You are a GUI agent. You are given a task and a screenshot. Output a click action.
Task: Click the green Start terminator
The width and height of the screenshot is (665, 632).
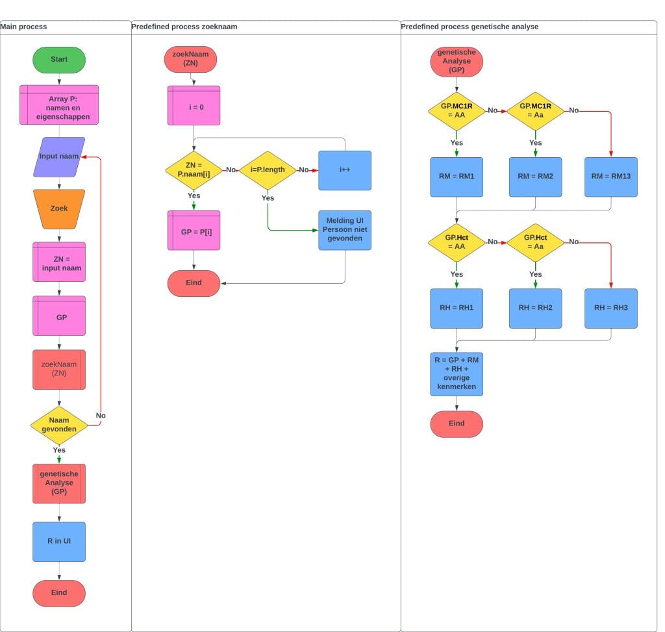point(59,60)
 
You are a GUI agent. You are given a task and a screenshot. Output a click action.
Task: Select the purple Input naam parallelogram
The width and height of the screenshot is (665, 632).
point(59,157)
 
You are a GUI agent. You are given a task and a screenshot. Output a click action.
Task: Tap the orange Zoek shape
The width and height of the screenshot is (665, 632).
point(59,209)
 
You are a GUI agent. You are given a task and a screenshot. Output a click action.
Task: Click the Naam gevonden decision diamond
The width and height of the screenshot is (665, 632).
point(59,425)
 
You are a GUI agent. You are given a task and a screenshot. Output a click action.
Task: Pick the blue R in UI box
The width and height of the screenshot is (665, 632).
point(59,542)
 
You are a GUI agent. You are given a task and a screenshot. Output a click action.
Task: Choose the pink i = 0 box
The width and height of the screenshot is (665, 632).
point(194,105)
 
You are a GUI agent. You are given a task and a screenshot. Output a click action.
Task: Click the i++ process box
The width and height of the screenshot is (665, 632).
point(345,170)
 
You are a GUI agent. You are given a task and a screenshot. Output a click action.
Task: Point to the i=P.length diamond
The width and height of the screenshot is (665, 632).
point(268,170)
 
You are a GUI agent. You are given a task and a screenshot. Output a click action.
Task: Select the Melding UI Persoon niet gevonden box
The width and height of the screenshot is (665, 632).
point(345,230)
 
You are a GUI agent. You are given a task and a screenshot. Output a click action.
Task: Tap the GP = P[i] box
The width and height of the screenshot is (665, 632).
point(194,230)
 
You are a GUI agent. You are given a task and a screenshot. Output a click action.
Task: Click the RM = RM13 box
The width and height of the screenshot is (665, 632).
point(610,177)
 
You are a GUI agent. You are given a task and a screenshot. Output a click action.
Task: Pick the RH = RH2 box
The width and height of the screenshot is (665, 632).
point(535,308)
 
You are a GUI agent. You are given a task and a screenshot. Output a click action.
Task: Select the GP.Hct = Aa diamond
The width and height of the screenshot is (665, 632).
point(535,242)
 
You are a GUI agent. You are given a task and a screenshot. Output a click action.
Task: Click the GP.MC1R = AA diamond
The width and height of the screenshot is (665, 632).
point(457,110)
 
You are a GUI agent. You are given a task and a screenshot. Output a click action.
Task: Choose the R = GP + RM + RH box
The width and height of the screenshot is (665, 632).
point(457,374)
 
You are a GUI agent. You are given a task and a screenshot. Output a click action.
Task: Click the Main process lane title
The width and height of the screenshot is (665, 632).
point(24,27)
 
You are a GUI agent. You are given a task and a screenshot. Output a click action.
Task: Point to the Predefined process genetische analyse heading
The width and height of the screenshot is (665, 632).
point(470,27)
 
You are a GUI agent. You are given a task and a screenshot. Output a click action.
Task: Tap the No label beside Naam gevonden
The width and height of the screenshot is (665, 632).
point(101,416)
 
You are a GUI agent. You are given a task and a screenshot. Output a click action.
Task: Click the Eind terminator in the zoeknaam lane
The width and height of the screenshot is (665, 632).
point(194,283)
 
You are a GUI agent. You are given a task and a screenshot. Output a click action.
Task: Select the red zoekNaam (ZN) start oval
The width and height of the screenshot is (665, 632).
point(190,59)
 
